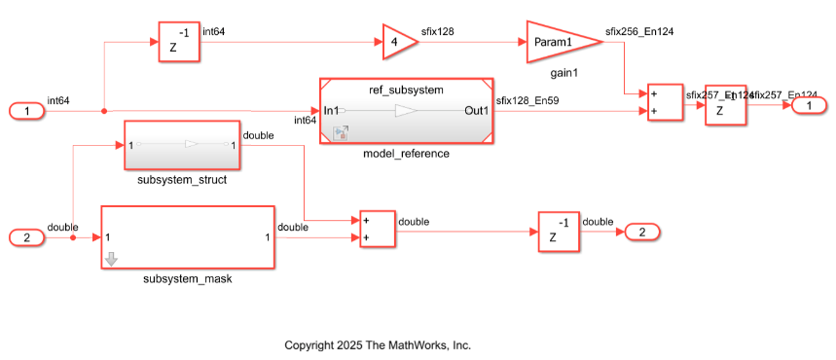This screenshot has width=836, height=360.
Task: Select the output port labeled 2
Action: (641, 232)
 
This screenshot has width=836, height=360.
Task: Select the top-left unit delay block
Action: (179, 43)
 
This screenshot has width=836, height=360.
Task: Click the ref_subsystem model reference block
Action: (406, 111)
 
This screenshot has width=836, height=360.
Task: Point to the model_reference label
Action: (406, 153)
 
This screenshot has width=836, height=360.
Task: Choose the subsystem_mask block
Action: (187, 236)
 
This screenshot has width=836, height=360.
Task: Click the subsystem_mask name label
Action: (187, 279)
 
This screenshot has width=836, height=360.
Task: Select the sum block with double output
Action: (377, 228)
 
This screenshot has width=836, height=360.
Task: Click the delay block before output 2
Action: (559, 232)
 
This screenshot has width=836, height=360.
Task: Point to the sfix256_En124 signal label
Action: (639, 31)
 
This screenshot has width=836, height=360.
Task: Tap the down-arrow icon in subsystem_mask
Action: (111, 259)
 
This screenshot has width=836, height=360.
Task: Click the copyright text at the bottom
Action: (377, 345)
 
